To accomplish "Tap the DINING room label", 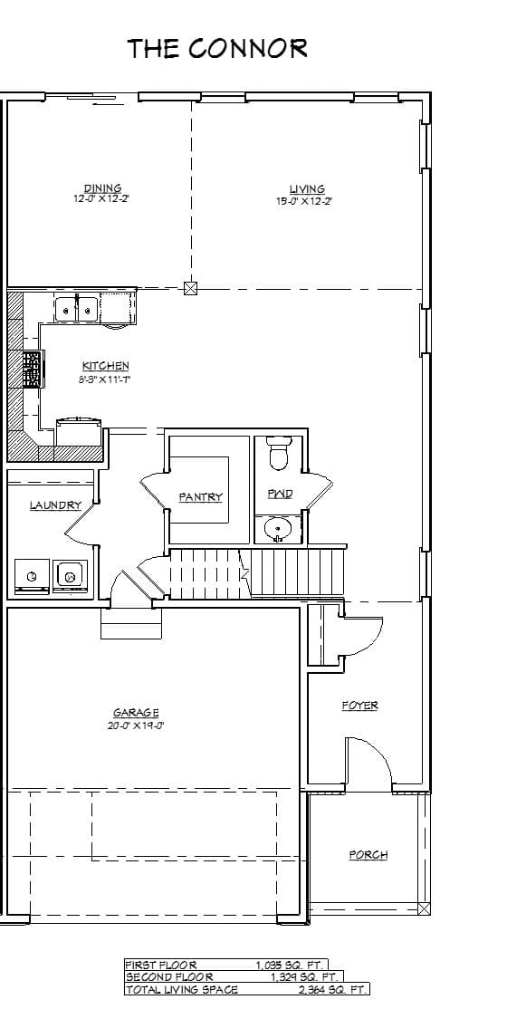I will [102, 188].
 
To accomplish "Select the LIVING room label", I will [307, 188].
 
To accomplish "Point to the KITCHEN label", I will [106, 365].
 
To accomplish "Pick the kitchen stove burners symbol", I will [32, 369].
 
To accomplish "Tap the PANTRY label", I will [200, 496].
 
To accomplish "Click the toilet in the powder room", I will [279, 453].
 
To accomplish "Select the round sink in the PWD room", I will [278, 527].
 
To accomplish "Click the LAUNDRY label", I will [55, 504].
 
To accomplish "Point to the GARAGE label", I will [136, 713].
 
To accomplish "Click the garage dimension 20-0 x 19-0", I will [136, 725].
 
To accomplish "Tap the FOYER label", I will [359, 705].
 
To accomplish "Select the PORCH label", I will [368, 854].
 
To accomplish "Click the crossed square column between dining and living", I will [190, 289].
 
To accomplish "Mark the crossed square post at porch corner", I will [424, 908].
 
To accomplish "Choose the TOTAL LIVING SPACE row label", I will [181, 990].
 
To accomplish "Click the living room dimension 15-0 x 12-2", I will [304, 201].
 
